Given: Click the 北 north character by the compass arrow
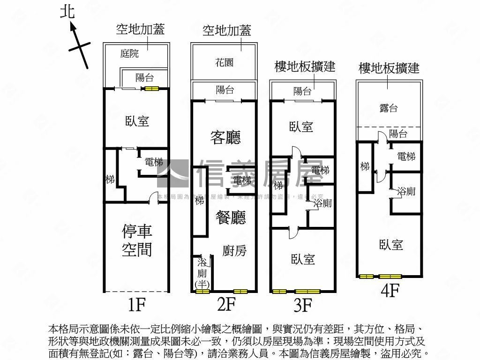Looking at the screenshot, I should (67, 11).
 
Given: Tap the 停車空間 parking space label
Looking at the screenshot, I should (137, 240).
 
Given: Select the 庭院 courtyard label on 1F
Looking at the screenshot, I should (129, 53).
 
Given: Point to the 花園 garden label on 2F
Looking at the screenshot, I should (224, 62).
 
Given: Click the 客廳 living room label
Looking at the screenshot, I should (225, 137).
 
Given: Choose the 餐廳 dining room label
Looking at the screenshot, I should (230, 217).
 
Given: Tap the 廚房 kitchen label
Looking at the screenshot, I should (234, 251).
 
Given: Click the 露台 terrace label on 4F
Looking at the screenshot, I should (389, 108).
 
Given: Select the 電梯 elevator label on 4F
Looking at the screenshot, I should (406, 157).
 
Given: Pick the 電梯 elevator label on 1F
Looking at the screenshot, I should (154, 163).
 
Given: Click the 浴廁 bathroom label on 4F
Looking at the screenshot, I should (406, 191).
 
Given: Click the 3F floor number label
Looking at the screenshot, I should (302, 306).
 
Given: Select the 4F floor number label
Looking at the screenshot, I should (390, 291).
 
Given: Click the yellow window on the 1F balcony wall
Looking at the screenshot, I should (151, 88).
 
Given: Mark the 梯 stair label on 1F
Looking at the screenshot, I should (110, 179).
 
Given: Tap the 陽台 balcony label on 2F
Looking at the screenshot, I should (225, 90).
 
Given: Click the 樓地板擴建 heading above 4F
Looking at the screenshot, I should (389, 68).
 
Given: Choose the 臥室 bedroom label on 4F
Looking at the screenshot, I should (391, 245).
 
